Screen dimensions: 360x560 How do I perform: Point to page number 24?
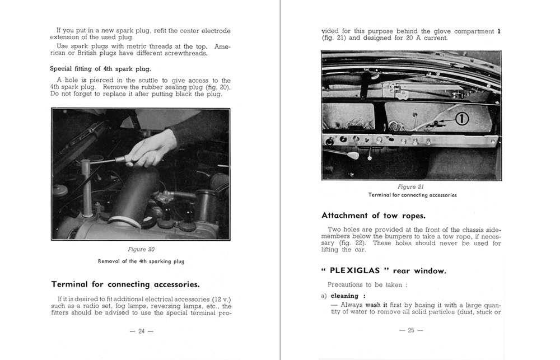pyautogui.click(x=141, y=331)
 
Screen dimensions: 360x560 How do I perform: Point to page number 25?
pyautogui.click(x=410, y=330)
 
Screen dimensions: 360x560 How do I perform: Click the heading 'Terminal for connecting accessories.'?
pyautogui.click(x=125, y=284)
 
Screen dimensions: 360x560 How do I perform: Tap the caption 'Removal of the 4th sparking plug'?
pyautogui.click(x=141, y=261)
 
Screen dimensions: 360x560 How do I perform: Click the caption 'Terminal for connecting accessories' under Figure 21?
pyautogui.click(x=412, y=195)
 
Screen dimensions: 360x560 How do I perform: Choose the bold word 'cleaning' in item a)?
pyautogui.click(x=344, y=296)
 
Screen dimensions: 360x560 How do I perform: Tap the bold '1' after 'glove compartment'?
pyautogui.click(x=498, y=31)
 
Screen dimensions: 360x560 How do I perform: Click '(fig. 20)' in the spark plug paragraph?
pyautogui.click(x=216, y=87)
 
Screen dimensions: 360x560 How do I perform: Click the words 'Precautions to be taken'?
pyautogui.click(x=365, y=284)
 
